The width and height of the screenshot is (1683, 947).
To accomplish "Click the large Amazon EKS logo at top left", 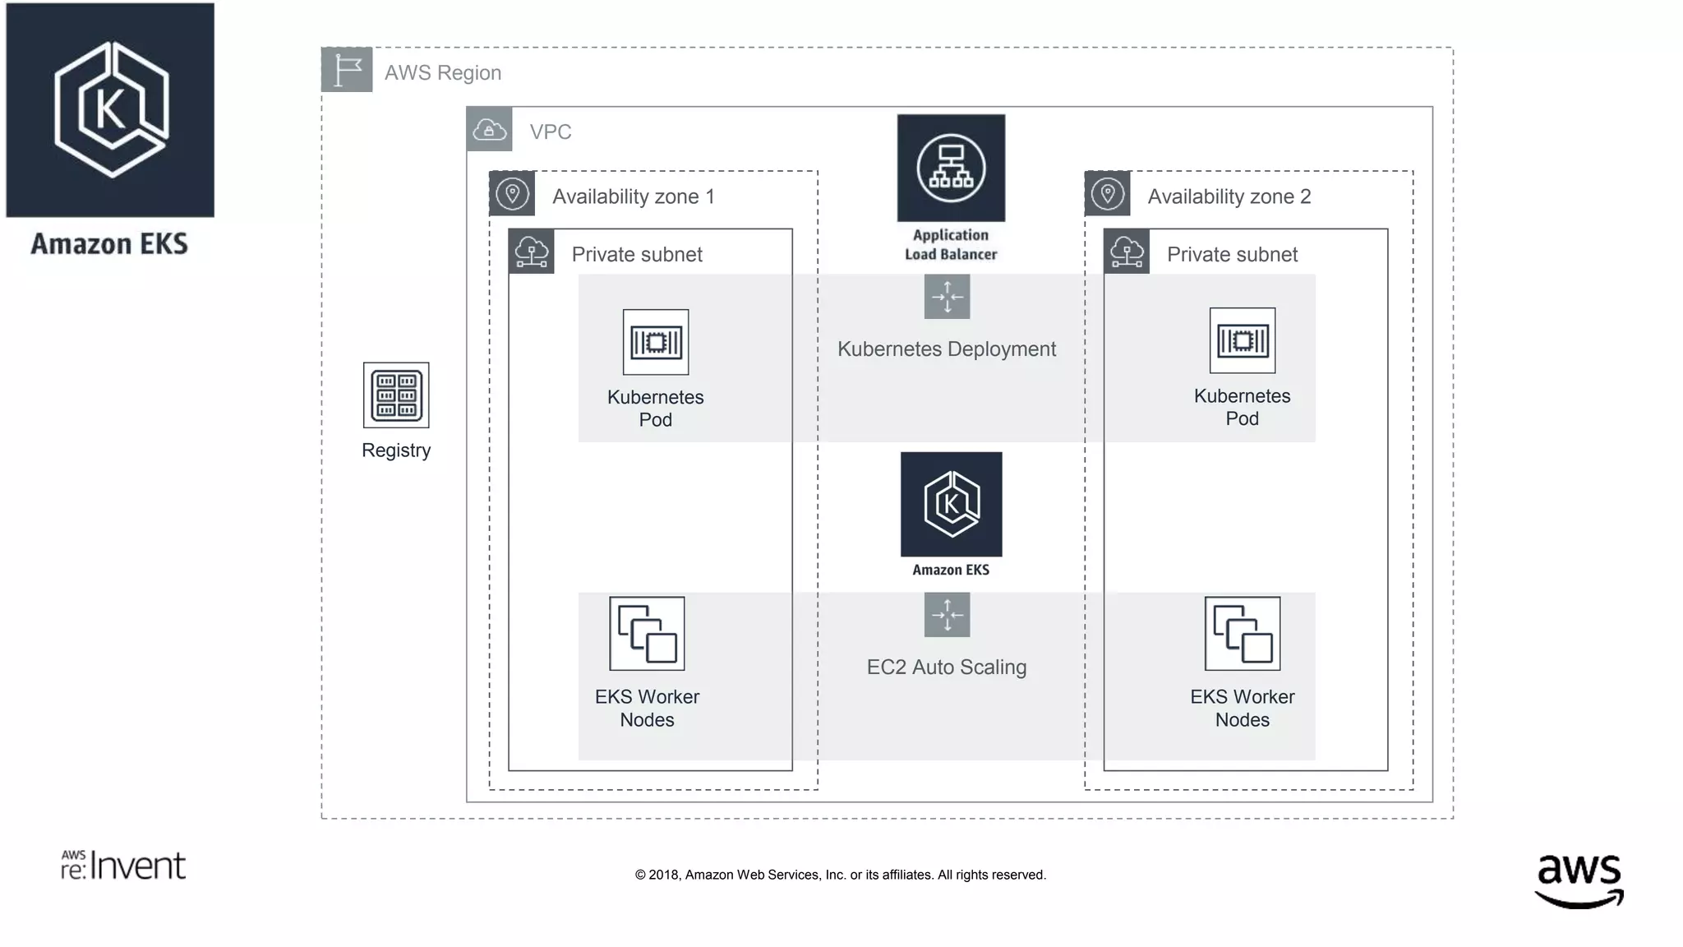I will (x=110, y=110).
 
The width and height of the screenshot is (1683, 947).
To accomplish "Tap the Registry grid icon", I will (x=396, y=395).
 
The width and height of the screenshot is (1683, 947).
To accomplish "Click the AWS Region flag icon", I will (x=347, y=70).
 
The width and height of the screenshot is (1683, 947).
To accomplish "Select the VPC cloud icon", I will (x=490, y=130).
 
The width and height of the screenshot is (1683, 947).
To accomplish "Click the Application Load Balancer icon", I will (x=951, y=168).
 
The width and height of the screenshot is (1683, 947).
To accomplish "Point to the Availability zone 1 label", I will (x=633, y=196).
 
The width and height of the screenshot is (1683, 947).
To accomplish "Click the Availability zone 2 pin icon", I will (x=1108, y=194).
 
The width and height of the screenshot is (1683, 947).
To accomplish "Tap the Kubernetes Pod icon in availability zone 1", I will (x=656, y=342).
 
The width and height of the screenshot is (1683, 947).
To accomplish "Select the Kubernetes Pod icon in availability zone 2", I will (x=1243, y=340).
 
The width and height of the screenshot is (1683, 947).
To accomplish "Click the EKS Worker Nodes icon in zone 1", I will (x=647, y=634).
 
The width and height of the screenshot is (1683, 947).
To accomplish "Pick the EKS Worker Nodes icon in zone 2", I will (x=1243, y=634).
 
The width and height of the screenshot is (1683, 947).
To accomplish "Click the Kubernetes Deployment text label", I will (x=947, y=349).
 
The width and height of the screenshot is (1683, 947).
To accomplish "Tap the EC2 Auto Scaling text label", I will (x=947, y=668).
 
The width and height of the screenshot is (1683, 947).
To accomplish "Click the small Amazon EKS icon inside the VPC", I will (x=951, y=504).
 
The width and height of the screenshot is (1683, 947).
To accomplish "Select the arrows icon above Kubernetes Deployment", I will (x=947, y=297).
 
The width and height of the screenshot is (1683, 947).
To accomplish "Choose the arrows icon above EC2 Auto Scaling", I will (x=947, y=615).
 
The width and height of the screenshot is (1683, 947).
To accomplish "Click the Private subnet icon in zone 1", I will (x=532, y=252).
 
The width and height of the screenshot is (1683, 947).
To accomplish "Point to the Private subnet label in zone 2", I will (x=1232, y=255).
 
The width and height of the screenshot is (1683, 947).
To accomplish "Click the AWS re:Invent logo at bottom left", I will (x=123, y=865).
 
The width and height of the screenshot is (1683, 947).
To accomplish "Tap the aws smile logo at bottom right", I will (x=1579, y=880).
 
